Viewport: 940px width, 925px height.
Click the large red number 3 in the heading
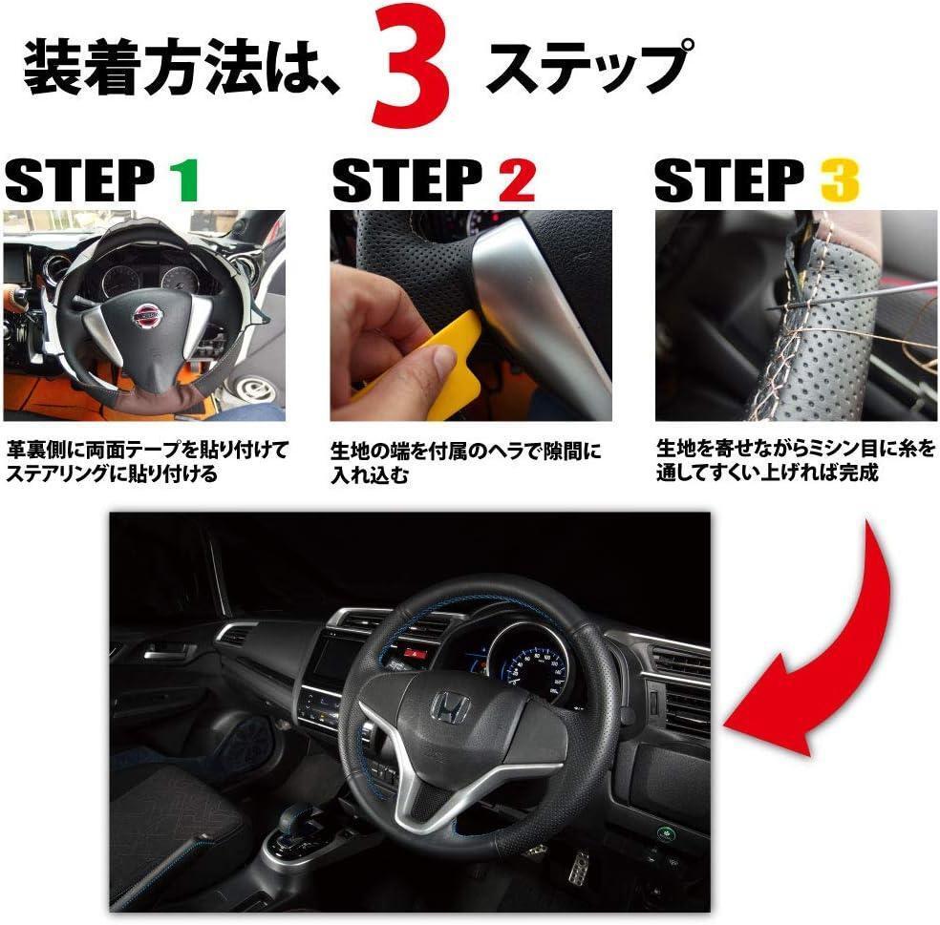pyautogui.click(x=410, y=66)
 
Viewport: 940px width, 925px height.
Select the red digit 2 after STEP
pyautogui.click(x=516, y=180)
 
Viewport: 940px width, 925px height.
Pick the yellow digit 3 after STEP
pyautogui.click(x=840, y=180)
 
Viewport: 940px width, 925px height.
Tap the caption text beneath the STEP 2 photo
pyautogui.click(x=465, y=462)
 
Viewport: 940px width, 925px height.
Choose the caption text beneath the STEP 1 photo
pyautogui.click(x=147, y=461)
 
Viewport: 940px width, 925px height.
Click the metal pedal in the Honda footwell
pyautogui.click(x=577, y=866)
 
